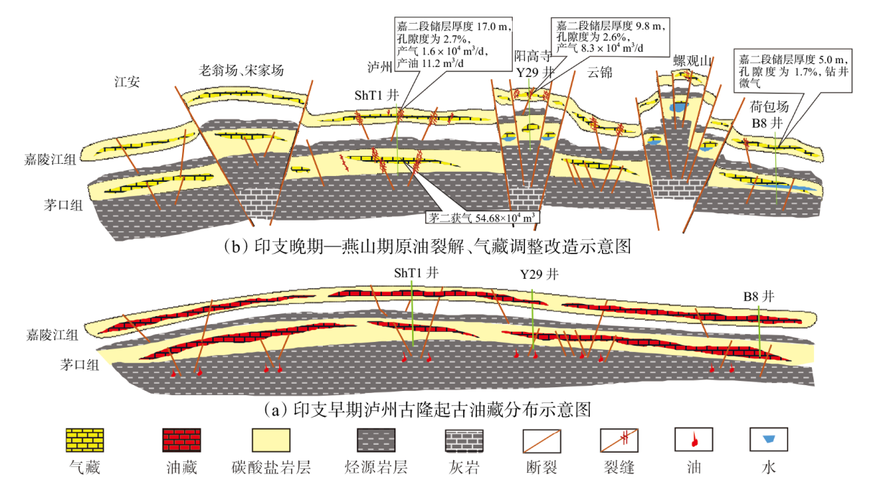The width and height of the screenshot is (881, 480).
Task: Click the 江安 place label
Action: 127,82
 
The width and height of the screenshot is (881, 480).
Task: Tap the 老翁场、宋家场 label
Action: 242,70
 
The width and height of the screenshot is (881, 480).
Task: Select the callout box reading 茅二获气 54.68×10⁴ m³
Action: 481,216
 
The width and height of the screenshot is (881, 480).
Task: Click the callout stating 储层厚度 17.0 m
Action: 454,44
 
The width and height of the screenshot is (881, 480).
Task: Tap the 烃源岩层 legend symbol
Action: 380,440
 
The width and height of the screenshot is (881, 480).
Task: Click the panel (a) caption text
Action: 427,410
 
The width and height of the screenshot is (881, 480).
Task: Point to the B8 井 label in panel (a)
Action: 760,295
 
